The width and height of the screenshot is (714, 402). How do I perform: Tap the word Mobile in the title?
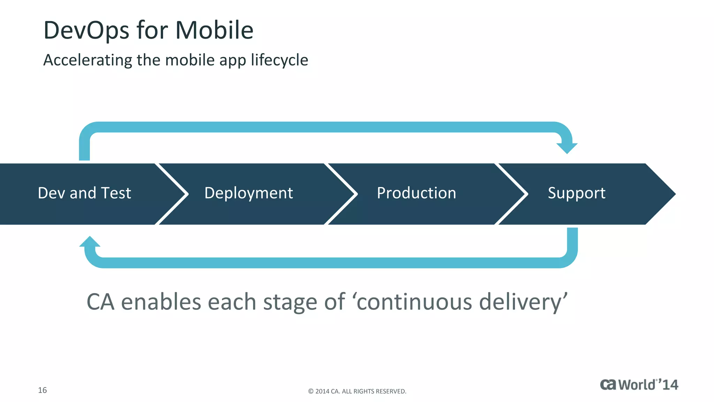[x=214, y=30]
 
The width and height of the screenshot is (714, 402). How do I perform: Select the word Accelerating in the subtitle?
[x=87, y=60]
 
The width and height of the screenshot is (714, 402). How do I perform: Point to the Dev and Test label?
[x=84, y=193]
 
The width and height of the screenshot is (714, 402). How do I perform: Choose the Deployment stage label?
[x=249, y=193]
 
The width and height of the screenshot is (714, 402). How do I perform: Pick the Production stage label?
[x=416, y=193]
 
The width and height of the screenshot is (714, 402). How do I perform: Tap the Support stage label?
[x=576, y=193]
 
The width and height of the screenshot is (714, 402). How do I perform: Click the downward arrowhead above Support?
[x=567, y=148]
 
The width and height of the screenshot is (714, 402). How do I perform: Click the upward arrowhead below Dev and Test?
[x=90, y=241]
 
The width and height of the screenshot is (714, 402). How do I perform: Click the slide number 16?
[x=42, y=390]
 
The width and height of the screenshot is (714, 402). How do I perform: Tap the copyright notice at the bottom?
[x=357, y=391]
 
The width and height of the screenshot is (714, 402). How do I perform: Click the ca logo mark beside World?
[x=608, y=385]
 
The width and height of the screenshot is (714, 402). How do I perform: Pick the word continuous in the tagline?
[x=414, y=302]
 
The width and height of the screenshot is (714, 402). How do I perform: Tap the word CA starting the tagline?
[x=100, y=302]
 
